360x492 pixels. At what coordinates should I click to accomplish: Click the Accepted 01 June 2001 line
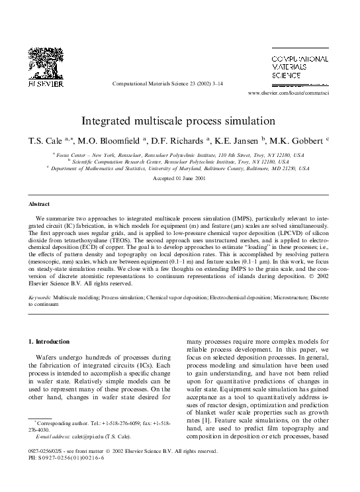pyautogui.click(x=179, y=179)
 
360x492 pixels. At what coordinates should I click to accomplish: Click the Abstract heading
pyautogui.click(x=38, y=205)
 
